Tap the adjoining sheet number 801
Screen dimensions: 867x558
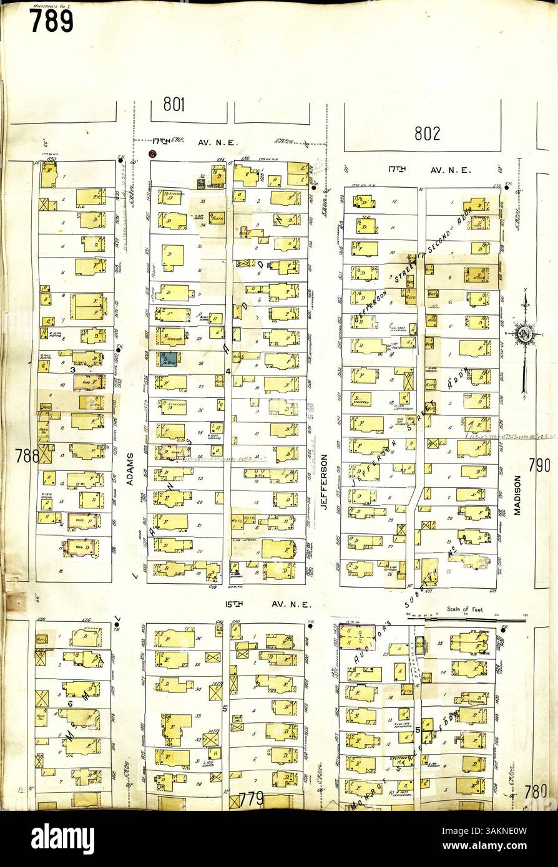pos(174,104)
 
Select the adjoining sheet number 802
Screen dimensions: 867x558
pos(426,133)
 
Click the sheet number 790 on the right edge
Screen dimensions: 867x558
pos(539,464)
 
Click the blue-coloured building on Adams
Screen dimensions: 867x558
pos(167,359)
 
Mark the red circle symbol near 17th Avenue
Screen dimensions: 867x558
pos(152,154)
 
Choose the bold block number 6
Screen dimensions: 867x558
pos(71,703)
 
